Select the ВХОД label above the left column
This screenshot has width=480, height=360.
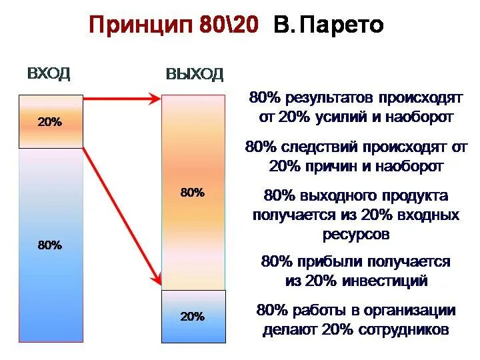(49, 74)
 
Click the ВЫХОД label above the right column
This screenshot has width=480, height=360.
(194, 74)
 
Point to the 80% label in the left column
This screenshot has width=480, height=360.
(49, 245)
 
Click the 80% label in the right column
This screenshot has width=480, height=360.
(193, 193)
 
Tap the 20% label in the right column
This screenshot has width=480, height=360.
(193, 317)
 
